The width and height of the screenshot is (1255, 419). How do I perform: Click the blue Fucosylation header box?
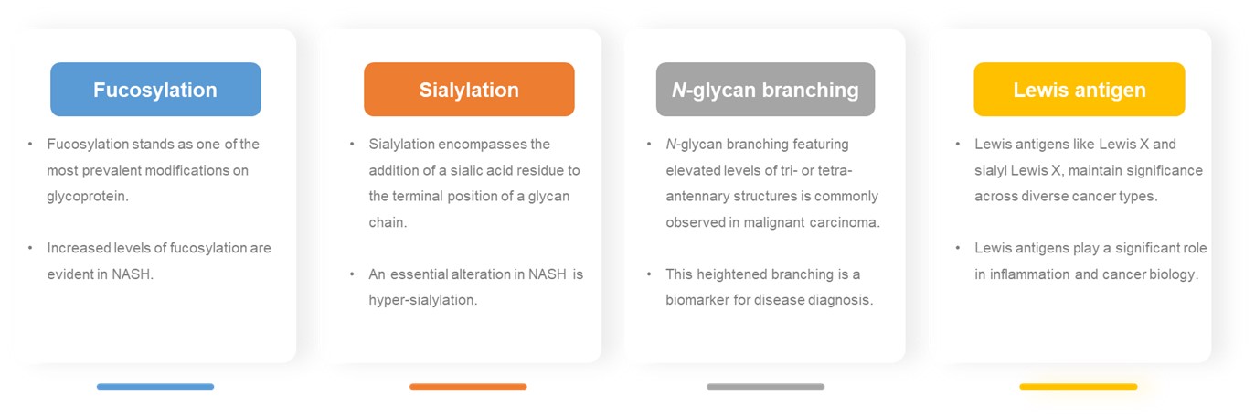pyautogui.click(x=155, y=90)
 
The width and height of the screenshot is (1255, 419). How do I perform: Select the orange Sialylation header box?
pyautogui.click(x=469, y=90)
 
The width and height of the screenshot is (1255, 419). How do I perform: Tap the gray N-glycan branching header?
pyautogui.click(x=765, y=90)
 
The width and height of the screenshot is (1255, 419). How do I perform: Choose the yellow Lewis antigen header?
pyautogui.click(x=1079, y=90)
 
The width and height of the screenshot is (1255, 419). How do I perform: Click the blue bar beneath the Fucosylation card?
pyautogui.click(x=155, y=387)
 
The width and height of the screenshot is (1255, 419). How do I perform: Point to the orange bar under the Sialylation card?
pyautogui.click(x=468, y=387)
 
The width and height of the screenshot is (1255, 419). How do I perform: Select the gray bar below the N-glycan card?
pyautogui.click(x=765, y=387)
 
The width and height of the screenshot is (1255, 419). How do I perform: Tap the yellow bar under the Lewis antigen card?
pyautogui.click(x=1078, y=387)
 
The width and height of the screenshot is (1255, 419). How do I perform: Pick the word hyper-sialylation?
pyautogui.click(x=422, y=300)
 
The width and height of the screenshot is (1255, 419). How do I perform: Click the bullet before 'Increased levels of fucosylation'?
pyautogui.click(x=30, y=248)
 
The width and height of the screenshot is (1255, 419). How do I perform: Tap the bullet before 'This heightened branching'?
pyautogui.click(x=648, y=274)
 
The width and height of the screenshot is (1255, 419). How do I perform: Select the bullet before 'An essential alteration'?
pyautogui.click(x=352, y=274)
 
